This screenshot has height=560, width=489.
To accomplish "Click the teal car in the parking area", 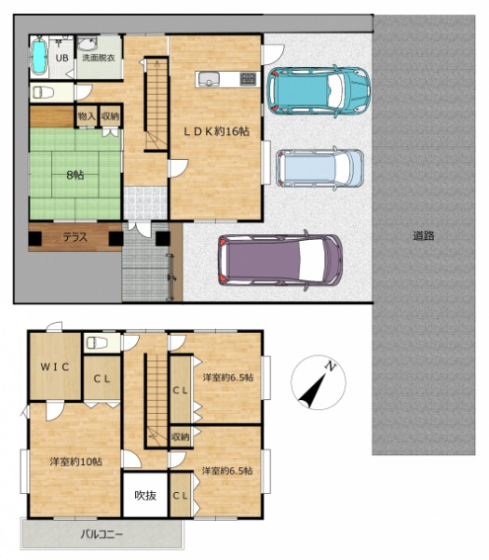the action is click(x=319, y=91).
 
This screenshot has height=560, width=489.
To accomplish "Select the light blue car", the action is click(x=319, y=167).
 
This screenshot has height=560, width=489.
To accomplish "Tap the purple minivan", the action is click(x=280, y=260).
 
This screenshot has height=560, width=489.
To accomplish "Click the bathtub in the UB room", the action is click(x=38, y=57).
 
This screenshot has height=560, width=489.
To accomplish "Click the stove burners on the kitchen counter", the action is click(x=248, y=79).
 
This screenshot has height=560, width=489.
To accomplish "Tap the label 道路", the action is click(x=424, y=235).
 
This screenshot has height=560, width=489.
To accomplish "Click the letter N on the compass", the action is click(x=331, y=367).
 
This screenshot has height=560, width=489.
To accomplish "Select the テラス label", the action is click(x=75, y=237).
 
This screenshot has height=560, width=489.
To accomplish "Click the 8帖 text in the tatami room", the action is click(x=75, y=175).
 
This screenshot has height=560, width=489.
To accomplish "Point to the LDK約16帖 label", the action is click(x=217, y=131).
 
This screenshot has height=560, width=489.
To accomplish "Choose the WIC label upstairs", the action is click(x=54, y=367).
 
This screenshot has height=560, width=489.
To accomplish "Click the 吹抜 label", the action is click(x=145, y=496).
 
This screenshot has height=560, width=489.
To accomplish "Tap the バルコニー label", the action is click(x=102, y=534).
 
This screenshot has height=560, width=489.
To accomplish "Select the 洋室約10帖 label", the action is click(x=75, y=461).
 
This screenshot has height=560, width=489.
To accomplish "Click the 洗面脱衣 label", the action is click(x=99, y=57).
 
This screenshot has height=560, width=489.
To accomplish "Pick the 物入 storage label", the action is click(x=87, y=116).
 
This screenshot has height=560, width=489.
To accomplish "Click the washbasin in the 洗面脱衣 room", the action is click(x=87, y=45).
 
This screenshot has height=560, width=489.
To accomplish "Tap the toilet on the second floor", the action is click(x=96, y=343).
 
